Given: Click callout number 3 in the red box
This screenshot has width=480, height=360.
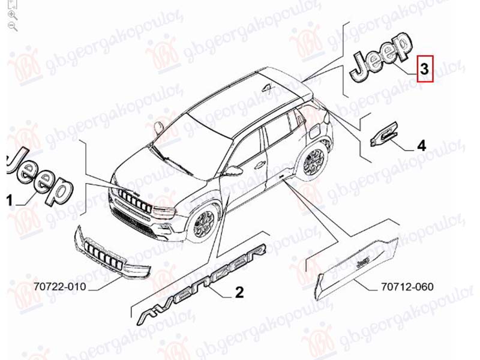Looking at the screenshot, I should (x=425, y=69).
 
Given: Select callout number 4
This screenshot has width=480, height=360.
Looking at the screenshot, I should (x=421, y=145).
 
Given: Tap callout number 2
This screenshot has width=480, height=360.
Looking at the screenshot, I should (x=239, y=293).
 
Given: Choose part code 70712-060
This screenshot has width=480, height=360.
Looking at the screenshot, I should (x=407, y=287).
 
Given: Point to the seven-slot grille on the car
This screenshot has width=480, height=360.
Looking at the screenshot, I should (x=133, y=200).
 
